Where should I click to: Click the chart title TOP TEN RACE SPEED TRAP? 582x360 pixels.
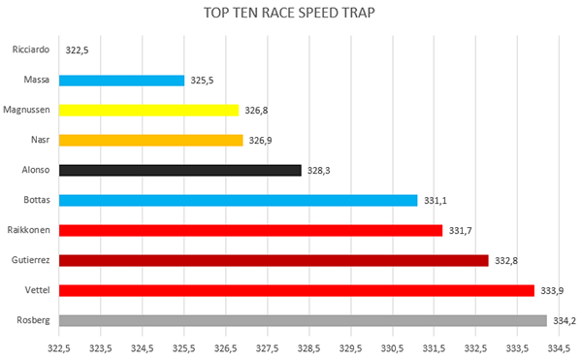pyautogui.click(x=289, y=13)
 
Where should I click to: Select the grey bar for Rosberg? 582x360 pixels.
pyautogui.click(x=303, y=320)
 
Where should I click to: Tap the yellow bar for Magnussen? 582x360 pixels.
pyautogui.click(x=148, y=111)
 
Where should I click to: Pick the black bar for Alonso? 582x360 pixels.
pyautogui.click(x=180, y=171)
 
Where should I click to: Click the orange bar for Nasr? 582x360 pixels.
pyautogui.click(x=151, y=141)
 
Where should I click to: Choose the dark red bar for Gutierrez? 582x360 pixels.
pyautogui.click(x=274, y=260)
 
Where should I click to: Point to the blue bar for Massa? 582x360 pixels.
pyautogui.click(x=122, y=81)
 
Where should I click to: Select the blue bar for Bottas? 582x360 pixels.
pyautogui.click(x=239, y=201)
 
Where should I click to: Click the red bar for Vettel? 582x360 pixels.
pyautogui.click(x=297, y=290)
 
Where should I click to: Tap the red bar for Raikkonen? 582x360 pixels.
pyautogui.click(x=251, y=231)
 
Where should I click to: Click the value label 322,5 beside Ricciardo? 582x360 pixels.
pyautogui.click(x=78, y=50)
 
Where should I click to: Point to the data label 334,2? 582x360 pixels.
pyautogui.click(x=565, y=321)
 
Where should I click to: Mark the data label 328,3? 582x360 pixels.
pyautogui.click(x=319, y=171)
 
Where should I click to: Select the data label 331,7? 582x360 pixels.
pyautogui.click(x=461, y=231)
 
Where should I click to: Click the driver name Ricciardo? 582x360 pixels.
pyautogui.click(x=31, y=49)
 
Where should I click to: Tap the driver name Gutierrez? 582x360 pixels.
pyautogui.click(x=30, y=260)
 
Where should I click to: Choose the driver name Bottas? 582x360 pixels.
pyautogui.click(x=37, y=200)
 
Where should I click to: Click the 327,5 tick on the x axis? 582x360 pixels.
pyautogui.click(x=268, y=349)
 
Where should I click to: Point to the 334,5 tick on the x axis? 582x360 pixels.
pyautogui.click(x=559, y=349)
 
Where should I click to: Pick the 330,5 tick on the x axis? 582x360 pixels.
pyautogui.click(x=392, y=349)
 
